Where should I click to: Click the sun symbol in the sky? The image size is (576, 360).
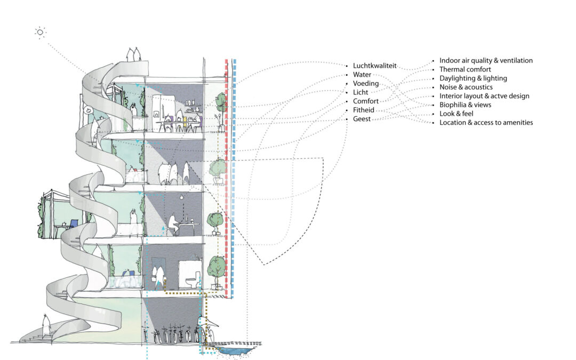pos(40,33)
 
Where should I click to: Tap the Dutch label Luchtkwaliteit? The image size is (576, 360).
pos(375,66)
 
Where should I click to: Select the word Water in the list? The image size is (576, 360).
pos(362,75)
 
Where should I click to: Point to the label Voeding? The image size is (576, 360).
pos(366,83)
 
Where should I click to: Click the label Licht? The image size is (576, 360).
pos(361,92)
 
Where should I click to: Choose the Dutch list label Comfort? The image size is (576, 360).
pos(366,101)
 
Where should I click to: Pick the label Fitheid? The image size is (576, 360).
pos(364,110)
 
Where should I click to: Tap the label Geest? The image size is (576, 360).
pos(362,118)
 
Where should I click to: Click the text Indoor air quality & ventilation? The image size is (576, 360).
pos(486,61)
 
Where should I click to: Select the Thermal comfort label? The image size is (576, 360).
pos(465,69)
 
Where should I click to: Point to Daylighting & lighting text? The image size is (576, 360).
pos(473,78)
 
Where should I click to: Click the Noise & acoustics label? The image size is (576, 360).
pos(466,87)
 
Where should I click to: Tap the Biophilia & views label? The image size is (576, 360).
pos(465,105)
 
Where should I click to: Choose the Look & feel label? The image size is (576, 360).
pos(456,114)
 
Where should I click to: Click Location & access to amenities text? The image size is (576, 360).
pos(486,122)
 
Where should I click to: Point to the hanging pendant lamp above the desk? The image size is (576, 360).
pos(181,198)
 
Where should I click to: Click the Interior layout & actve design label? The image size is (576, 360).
pos(484,96)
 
